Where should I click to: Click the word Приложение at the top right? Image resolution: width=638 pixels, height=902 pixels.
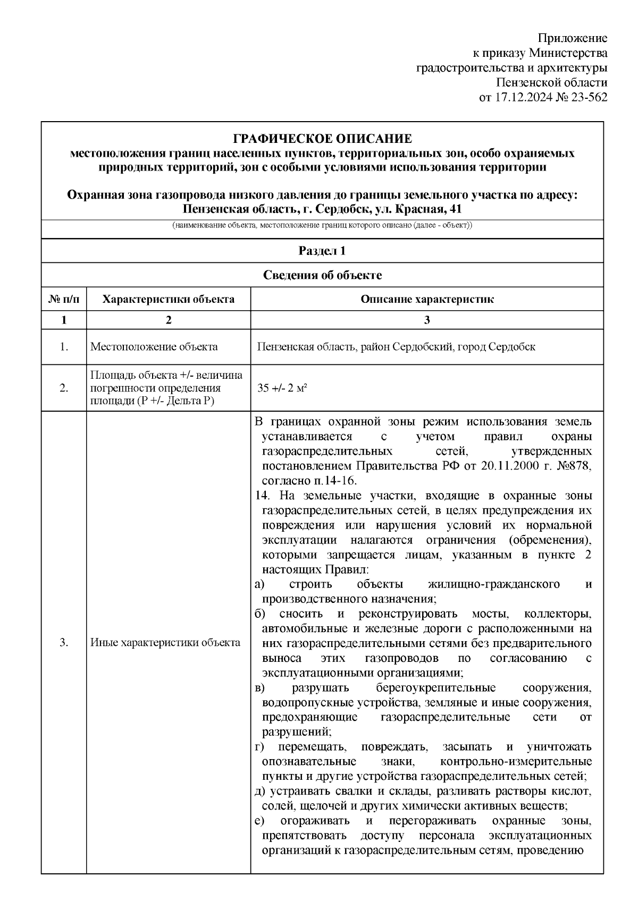[x=572, y=38]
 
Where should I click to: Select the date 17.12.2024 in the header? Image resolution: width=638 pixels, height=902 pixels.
[x=521, y=97]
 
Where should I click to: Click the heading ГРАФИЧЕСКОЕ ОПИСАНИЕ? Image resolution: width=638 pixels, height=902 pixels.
[x=322, y=139]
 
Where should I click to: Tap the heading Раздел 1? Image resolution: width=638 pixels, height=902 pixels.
[x=322, y=251]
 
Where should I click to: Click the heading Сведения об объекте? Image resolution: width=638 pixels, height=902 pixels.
[x=322, y=275]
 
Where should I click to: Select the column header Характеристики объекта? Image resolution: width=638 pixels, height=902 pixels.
[x=168, y=299]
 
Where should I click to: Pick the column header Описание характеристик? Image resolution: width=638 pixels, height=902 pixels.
[x=427, y=299]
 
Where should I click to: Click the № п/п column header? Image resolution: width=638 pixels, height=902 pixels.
[x=64, y=299]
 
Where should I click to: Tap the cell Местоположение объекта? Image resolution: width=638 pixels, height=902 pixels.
[x=154, y=347]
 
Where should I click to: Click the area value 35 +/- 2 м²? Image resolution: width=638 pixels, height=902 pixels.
[x=283, y=388]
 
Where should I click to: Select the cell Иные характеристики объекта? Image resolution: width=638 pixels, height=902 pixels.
[x=165, y=643]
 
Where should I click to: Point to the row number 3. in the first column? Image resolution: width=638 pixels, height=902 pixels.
[x=64, y=643]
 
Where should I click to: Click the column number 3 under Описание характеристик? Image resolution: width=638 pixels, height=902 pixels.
[x=427, y=320]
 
